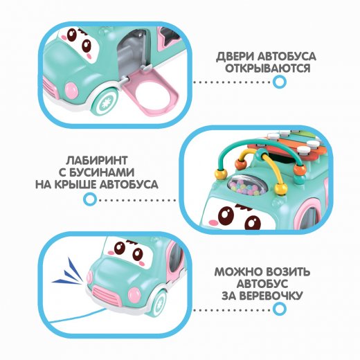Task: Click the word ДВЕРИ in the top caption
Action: pyautogui.click(x=235, y=56)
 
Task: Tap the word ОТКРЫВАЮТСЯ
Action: pyautogui.click(x=268, y=69)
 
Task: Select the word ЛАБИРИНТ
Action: pyautogui.click(x=97, y=161)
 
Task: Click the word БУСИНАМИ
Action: pyautogui.click(x=102, y=172)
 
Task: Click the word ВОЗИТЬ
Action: pyautogui.click(x=286, y=272)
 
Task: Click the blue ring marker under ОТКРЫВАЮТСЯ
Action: pyautogui.click(x=280, y=82)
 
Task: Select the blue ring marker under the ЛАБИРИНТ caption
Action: pyautogui.click(x=90, y=199)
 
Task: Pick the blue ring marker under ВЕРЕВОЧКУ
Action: pyautogui.click(x=280, y=309)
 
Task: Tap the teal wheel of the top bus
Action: pyautogui.click(x=105, y=102)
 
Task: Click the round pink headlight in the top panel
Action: pyautogui.click(x=71, y=91)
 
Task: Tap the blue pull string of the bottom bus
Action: pyautogui.click(x=76, y=316)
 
